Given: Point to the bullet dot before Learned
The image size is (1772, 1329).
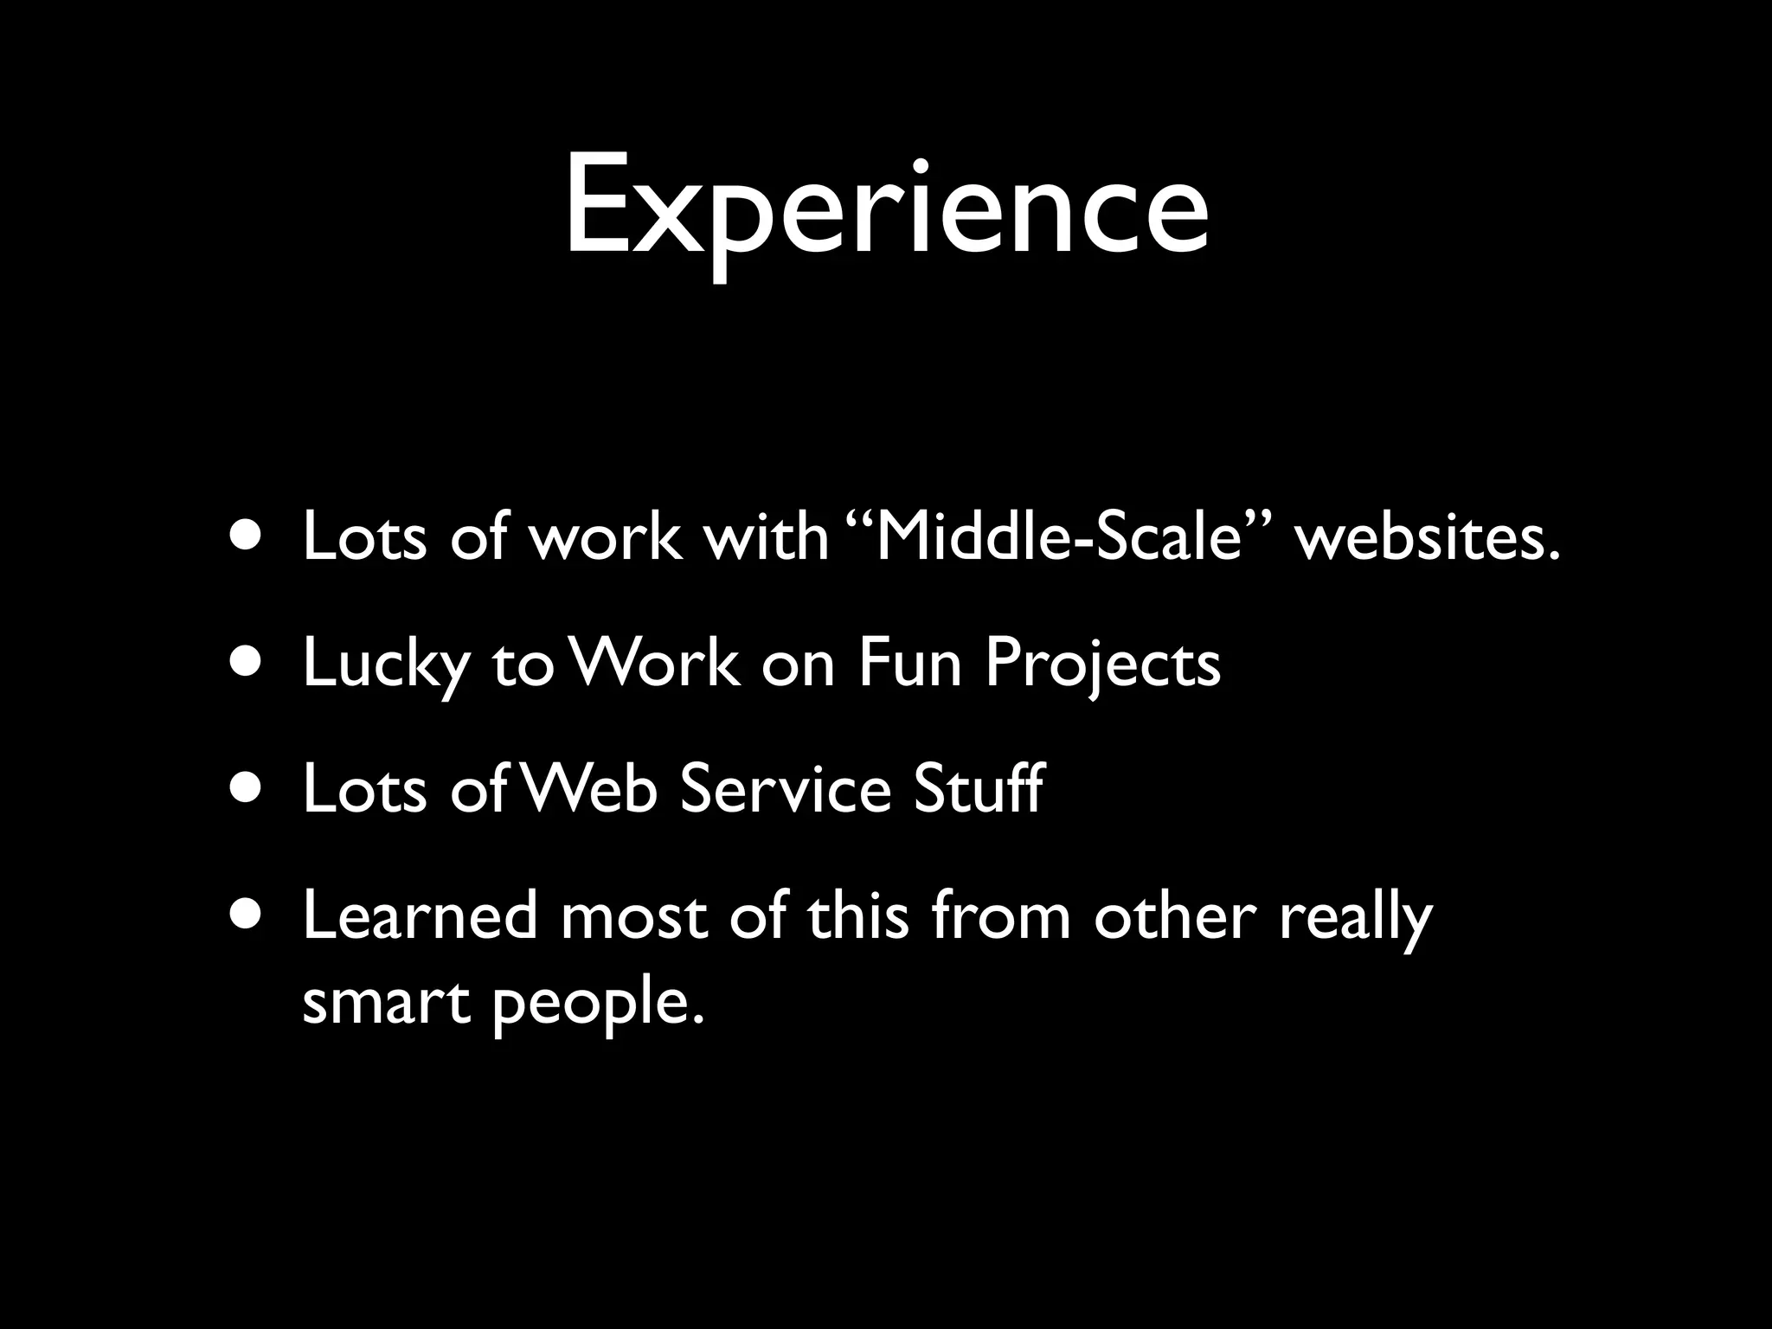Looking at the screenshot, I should click(x=249, y=915).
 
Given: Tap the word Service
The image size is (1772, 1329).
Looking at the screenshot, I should click(x=785, y=789).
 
